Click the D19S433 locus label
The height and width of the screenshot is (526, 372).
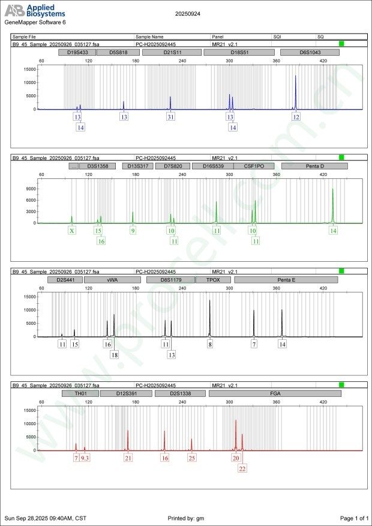pyautogui.click(x=76, y=52)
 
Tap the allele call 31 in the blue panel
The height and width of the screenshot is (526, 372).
pyautogui.click(x=171, y=117)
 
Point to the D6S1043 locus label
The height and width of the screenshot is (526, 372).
pyautogui.click(x=310, y=52)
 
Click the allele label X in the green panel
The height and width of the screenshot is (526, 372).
pyautogui.click(x=72, y=231)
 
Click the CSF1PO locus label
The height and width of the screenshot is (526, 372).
pyautogui.click(x=254, y=166)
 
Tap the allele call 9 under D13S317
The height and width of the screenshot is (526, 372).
pyautogui.click(x=133, y=231)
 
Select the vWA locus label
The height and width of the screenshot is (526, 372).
pyautogui.click(x=112, y=280)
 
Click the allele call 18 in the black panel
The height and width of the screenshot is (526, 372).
pyautogui.click(x=114, y=355)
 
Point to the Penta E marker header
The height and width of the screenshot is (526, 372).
pyautogui.click(x=286, y=280)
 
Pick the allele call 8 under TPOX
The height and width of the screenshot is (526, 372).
pyautogui.click(x=210, y=344)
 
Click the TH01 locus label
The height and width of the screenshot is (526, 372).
pyautogui.click(x=80, y=393)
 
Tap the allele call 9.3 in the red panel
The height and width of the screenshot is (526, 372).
pyautogui.click(x=85, y=458)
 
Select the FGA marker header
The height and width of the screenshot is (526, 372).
pyautogui.click(x=275, y=393)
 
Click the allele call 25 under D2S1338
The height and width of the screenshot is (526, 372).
pyautogui.click(x=191, y=458)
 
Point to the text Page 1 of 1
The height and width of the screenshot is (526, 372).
pyautogui.click(x=353, y=518)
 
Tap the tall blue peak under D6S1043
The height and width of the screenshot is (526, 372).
pyautogui.click(x=295, y=90)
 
